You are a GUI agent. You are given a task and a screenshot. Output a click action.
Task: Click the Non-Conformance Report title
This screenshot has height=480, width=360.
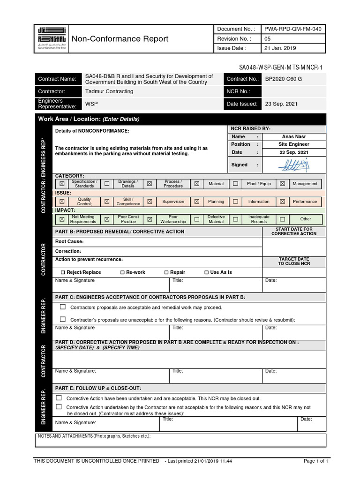click(119, 39)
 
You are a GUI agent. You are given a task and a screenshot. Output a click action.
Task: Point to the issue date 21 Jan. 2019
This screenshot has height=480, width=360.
click(280, 48)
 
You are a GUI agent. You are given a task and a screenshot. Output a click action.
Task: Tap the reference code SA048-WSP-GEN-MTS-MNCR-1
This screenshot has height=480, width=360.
click(281, 67)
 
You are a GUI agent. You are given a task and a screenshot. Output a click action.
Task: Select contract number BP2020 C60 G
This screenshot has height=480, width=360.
click(284, 79)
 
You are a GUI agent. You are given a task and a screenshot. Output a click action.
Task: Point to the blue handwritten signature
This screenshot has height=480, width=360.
click(293, 165)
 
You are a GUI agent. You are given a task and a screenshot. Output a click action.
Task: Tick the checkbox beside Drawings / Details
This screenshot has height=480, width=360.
click(107, 184)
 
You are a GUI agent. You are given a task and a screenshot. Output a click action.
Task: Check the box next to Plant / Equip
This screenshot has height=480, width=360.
click(236, 184)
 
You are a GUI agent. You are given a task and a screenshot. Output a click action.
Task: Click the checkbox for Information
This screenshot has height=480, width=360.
click(236, 202)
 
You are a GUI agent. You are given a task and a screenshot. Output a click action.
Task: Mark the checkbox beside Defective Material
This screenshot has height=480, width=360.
click(197, 219)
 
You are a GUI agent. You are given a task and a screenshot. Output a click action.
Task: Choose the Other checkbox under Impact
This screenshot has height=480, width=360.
click(282, 219)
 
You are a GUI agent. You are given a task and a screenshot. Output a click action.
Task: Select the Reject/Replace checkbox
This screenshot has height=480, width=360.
click(63, 272)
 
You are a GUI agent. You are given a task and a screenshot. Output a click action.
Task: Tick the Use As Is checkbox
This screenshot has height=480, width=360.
click(207, 272)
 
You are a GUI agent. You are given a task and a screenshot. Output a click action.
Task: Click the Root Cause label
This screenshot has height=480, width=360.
click(69, 242)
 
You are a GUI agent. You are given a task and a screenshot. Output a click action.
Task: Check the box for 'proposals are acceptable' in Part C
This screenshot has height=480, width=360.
click(63, 307)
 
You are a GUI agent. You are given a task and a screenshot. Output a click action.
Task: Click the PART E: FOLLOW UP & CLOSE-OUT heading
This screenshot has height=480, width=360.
click(98, 388)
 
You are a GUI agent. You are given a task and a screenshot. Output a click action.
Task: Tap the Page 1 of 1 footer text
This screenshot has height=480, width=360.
click(315, 461)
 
